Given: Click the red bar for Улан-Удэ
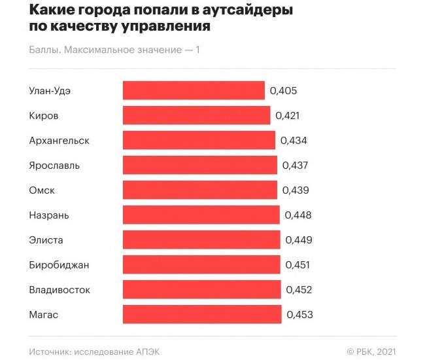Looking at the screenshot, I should click(x=194, y=90).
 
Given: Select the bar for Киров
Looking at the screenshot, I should click(x=196, y=115).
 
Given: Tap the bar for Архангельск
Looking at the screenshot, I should click(x=199, y=140).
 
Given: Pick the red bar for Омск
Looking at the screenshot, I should click(x=200, y=190).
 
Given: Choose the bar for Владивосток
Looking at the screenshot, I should click(x=202, y=289).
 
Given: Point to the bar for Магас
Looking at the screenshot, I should click(x=202, y=314).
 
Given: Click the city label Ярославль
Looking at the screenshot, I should click(x=54, y=165).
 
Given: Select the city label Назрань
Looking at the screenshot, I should click(x=49, y=215).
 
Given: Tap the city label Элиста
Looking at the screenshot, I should click(x=46, y=240).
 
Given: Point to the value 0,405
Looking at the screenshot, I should click(x=283, y=90).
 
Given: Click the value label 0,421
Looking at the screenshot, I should click(x=288, y=115).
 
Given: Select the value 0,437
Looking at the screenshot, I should click(x=295, y=165).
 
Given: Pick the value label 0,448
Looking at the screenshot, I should click(x=298, y=215).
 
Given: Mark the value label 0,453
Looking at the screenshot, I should click(x=299, y=314).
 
